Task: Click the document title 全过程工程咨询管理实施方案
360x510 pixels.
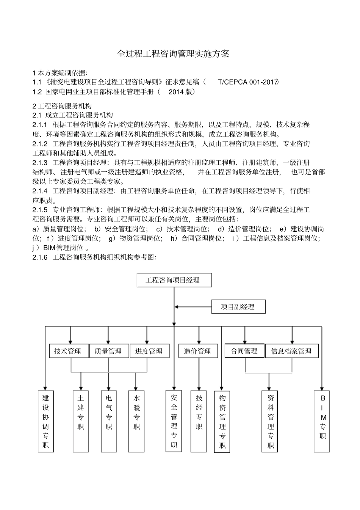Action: pos(173,54)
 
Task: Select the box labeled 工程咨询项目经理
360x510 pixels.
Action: pos(174,280)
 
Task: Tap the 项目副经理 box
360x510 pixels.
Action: pos(238,307)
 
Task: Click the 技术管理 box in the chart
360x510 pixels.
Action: pos(69,351)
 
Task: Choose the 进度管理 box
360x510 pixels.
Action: pos(150,351)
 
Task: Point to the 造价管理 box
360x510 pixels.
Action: pos(198,351)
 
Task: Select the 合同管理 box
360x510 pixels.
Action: pos(245,351)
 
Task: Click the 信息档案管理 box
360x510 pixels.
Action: pos(292,351)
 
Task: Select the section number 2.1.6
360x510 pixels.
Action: pos(40,257)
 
